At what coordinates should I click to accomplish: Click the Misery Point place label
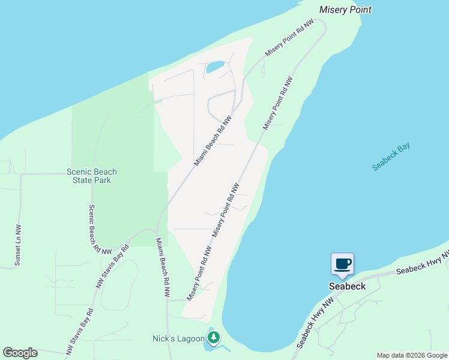(x=345, y=10)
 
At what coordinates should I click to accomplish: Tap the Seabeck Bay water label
(x=390, y=157)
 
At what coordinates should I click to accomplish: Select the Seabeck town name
(x=347, y=286)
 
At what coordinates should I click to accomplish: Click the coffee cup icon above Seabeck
(x=342, y=264)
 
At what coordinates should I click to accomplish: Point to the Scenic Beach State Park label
(x=91, y=176)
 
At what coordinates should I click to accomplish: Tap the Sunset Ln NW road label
(x=18, y=245)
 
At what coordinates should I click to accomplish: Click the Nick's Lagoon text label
(x=178, y=339)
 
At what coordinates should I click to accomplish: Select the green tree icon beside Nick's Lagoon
(x=212, y=338)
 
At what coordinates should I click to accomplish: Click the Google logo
(x=20, y=353)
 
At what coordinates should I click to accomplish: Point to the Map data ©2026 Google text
(x=412, y=355)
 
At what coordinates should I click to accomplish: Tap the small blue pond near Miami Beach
(x=215, y=67)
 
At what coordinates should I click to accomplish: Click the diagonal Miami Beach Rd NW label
(x=213, y=140)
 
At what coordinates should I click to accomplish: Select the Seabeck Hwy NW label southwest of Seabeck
(x=315, y=324)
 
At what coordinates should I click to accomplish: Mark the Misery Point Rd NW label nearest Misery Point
(x=289, y=38)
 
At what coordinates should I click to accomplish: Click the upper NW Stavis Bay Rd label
(x=112, y=266)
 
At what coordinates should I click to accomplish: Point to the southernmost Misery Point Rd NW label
(x=199, y=273)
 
